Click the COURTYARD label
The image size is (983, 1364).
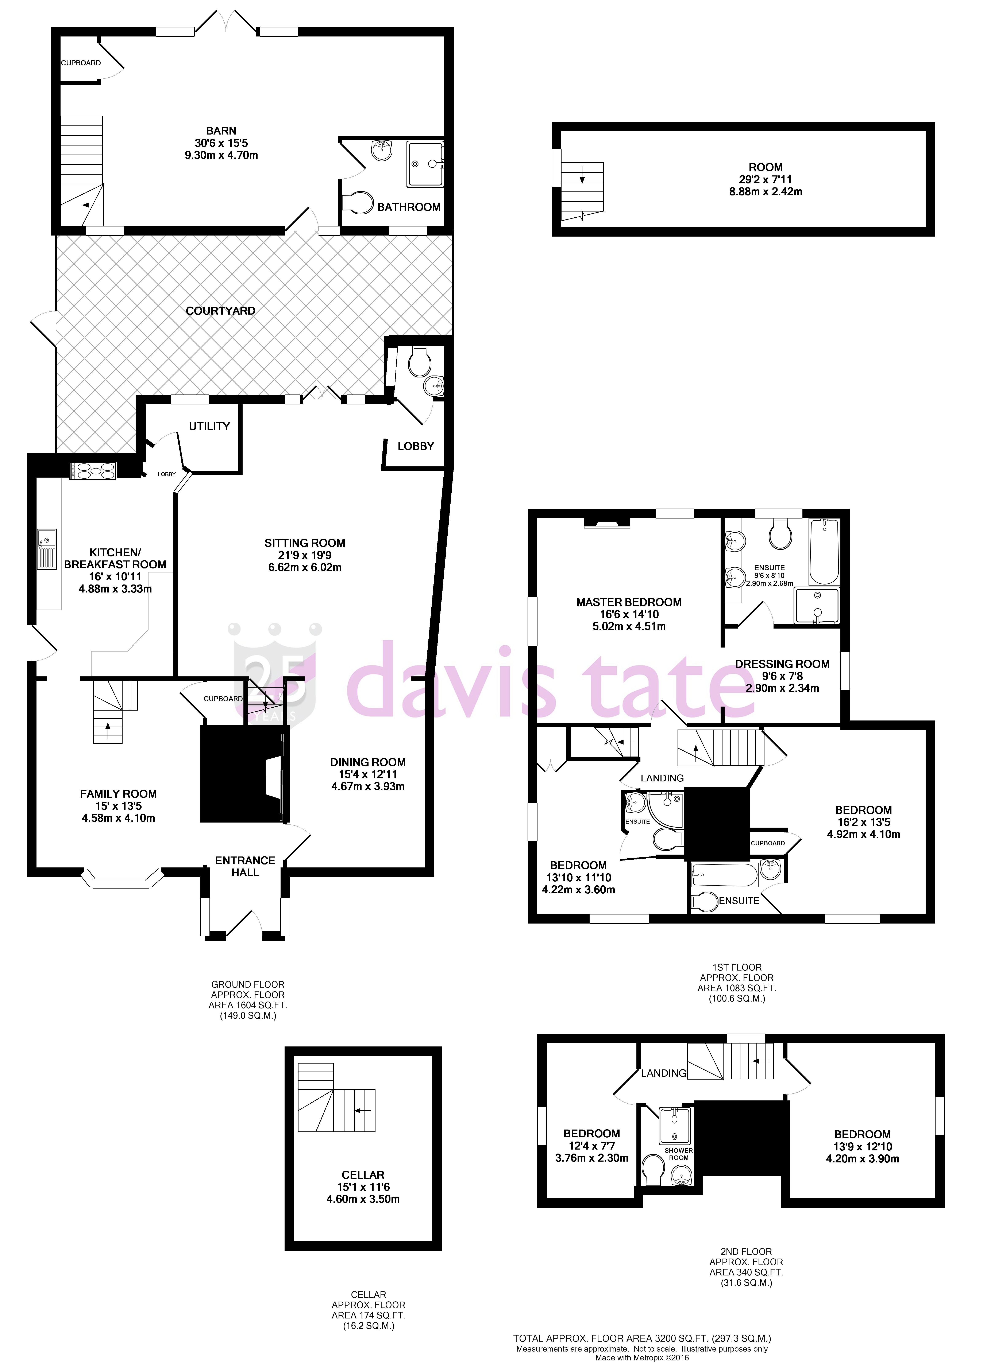coord(220,311)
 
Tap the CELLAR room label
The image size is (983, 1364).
coord(363,1175)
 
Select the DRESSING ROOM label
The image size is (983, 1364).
coord(782,664)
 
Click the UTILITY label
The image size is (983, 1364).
coord(209,426)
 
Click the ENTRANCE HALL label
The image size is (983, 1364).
coord(245,866)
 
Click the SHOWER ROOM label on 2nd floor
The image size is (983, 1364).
coord(679,1154)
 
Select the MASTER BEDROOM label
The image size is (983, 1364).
coord(629,602)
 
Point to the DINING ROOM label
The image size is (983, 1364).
coord(368,762)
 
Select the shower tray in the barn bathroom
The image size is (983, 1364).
coord(425,164)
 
